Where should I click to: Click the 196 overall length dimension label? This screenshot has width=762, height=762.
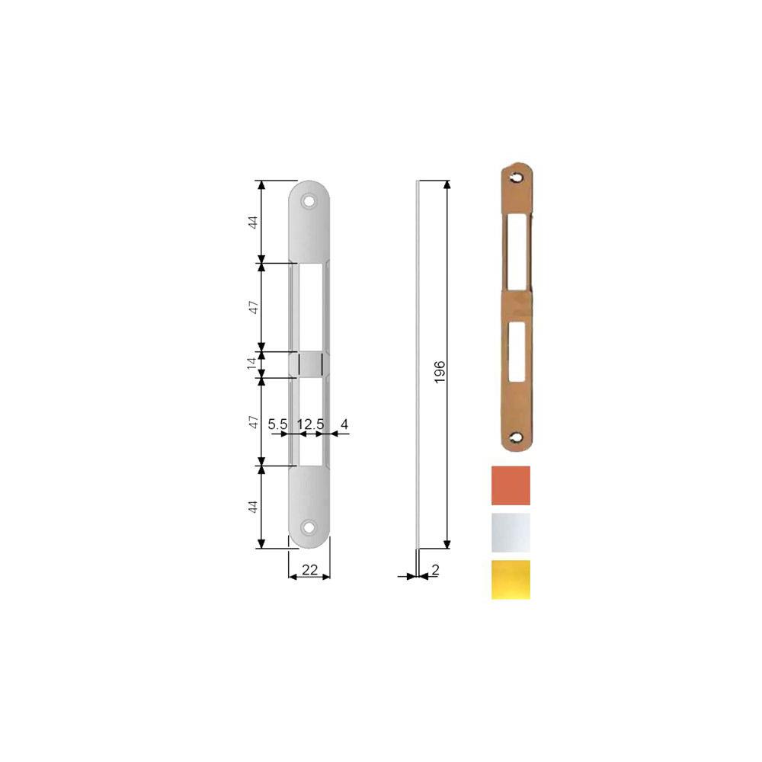click(x=440, y=372)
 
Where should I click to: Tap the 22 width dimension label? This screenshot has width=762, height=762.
click(x=309, y=569)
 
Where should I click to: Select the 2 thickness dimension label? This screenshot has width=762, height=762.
click(x=435, y=570)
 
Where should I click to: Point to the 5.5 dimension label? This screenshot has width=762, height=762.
click(x=278, y=424)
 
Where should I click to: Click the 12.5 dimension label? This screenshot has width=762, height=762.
click(x=311, y=424)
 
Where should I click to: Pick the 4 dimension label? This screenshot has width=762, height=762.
click(x=344, y=424)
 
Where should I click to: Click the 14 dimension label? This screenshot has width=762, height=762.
click(x=251, y=363)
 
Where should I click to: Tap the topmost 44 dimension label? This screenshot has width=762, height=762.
click(x=253, y=223)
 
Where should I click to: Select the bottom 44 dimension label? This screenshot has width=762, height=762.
click(x=253, y=507)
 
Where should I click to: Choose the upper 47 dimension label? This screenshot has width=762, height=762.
click(x=253, y=307)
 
